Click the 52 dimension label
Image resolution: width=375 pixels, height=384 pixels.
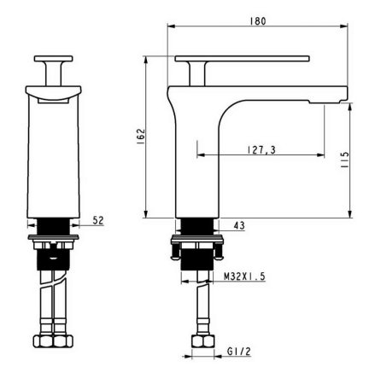coord(97,221)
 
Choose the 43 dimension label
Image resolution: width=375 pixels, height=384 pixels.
coord(238,225)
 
